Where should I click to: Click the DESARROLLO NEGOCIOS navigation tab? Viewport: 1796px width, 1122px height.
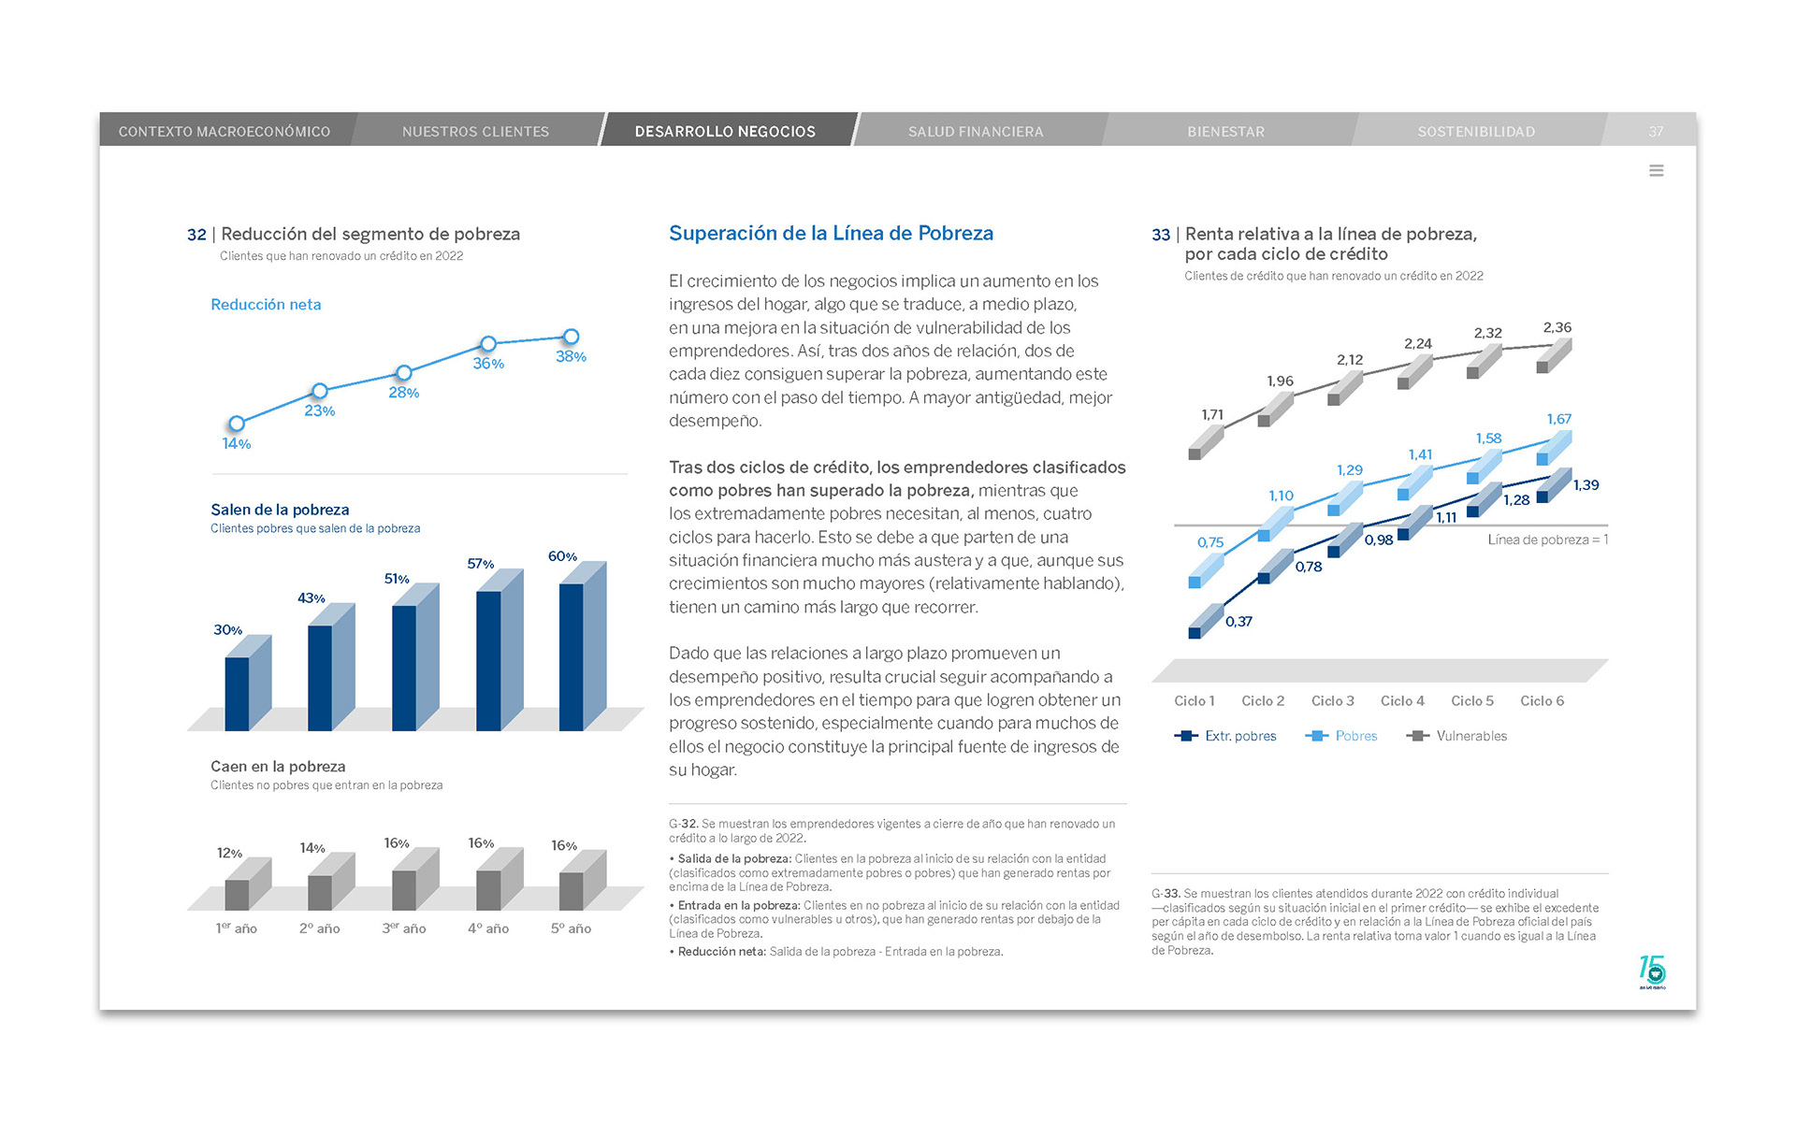tap(725, 132)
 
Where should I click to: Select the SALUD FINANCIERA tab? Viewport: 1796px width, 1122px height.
tap(975, 132)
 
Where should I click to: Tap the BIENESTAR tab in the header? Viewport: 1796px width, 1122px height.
tap(1225, 132)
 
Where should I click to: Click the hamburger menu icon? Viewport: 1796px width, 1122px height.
tap(1656, 170)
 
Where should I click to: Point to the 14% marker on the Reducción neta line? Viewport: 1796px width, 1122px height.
tap(237, 424)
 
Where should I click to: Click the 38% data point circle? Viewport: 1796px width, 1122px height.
tap(571, 337)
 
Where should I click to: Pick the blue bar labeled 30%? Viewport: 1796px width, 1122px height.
tap(237, 693)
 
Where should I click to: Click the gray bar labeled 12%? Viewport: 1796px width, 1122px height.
tap(237, 894)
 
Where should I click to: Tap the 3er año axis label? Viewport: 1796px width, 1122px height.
tap(403, 928)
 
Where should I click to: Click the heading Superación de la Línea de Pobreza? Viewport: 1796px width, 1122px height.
tap(831, 234)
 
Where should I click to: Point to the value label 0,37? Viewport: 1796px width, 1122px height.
tap(1238, 622)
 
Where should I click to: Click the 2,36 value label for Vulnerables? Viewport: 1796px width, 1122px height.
tap(1557, 327)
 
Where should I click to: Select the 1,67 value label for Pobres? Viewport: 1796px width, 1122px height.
tap(1558, 419)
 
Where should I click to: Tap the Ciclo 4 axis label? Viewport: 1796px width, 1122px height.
tap(1402, 701)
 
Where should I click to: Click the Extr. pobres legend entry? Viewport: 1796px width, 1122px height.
tap(1226, 736)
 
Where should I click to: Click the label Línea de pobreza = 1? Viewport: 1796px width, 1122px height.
tap(1547, 539)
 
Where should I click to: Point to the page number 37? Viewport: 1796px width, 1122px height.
tap(1656, 132)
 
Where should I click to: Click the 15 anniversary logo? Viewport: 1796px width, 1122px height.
tap(1652, 971)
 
